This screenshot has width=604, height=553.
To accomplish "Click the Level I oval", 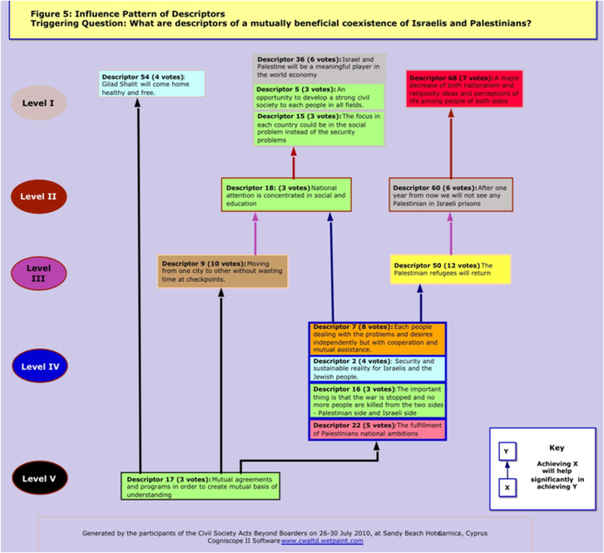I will [x=39, y=102].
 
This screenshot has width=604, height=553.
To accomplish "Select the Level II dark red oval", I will [x=39, y=196].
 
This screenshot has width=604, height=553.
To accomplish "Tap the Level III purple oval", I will [x=39, y=273].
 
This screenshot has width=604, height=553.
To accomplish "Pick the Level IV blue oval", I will [x=39, y=366].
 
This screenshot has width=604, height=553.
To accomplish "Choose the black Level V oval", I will [x=39, y=478].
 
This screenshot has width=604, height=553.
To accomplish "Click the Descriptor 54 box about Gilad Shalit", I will [x=151, y=83].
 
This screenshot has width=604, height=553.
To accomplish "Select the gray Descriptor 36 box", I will [x=319, y=67].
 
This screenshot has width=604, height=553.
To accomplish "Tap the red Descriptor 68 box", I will [x=459, y=88].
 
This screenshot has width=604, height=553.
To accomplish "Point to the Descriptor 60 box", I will [x=450, y=194].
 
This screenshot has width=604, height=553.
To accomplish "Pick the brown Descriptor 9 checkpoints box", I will [x=223, y=271].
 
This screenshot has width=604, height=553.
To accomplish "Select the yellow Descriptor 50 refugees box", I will [x=450, y=270].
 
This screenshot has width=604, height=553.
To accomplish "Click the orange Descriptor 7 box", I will [x=377, y=338].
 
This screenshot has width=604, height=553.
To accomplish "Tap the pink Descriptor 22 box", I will [x=377, y=429].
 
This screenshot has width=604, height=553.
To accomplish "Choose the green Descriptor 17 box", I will [x=201, y=486].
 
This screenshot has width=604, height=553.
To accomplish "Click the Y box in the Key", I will [x=507, y=452].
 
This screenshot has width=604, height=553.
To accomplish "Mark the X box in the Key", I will [x=507, y=488].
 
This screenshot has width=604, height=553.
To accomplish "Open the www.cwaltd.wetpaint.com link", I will [x=322, y=541].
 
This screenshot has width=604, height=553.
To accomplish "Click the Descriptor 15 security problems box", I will [x=319, y=128].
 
